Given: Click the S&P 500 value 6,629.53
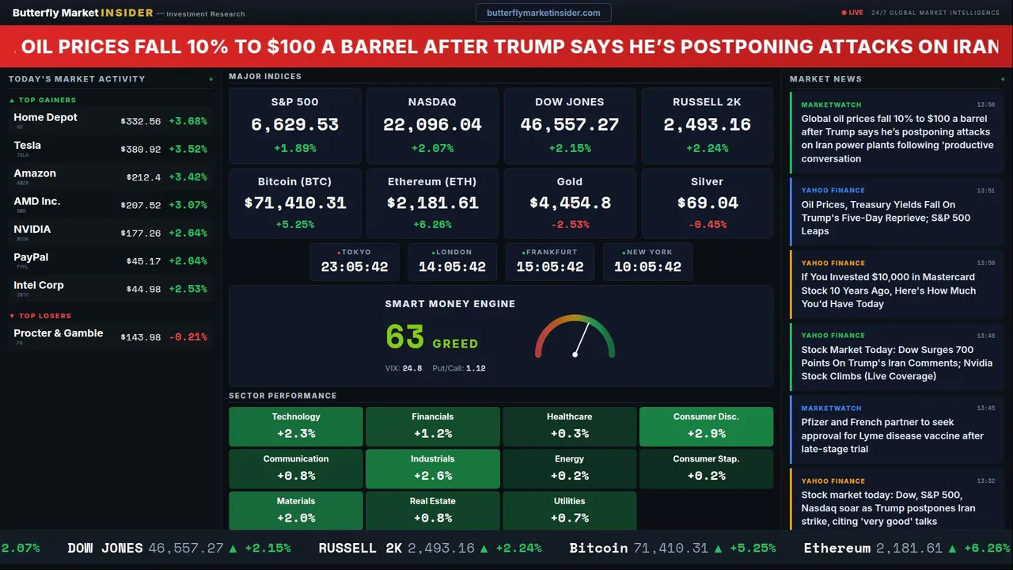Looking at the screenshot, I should [294, 125].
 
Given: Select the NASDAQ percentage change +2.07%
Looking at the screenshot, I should [432, 148].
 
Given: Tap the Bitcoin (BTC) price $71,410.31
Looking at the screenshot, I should [294, 203].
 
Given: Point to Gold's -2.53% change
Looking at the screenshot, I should [570, 225].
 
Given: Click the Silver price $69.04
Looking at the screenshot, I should [708, 203].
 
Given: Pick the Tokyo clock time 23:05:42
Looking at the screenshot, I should [355, 267].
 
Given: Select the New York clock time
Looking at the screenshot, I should [648, 267].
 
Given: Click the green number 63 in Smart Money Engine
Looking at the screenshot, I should [405, 337].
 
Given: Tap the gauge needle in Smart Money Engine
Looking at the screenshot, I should [582, 338].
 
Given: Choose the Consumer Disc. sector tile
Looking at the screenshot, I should [706, 426].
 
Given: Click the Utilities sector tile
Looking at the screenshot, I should [569, 511].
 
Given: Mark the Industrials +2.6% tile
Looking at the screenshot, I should [432, 468].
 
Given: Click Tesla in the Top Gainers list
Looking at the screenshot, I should [28, 146].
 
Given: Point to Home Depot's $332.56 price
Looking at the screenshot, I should [141, 122].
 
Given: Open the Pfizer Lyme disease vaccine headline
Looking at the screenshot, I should [892, 435].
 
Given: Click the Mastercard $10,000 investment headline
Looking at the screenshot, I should [888, 291].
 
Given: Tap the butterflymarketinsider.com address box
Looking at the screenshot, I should [544, 13].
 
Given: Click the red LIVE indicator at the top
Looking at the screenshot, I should [853, 13].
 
